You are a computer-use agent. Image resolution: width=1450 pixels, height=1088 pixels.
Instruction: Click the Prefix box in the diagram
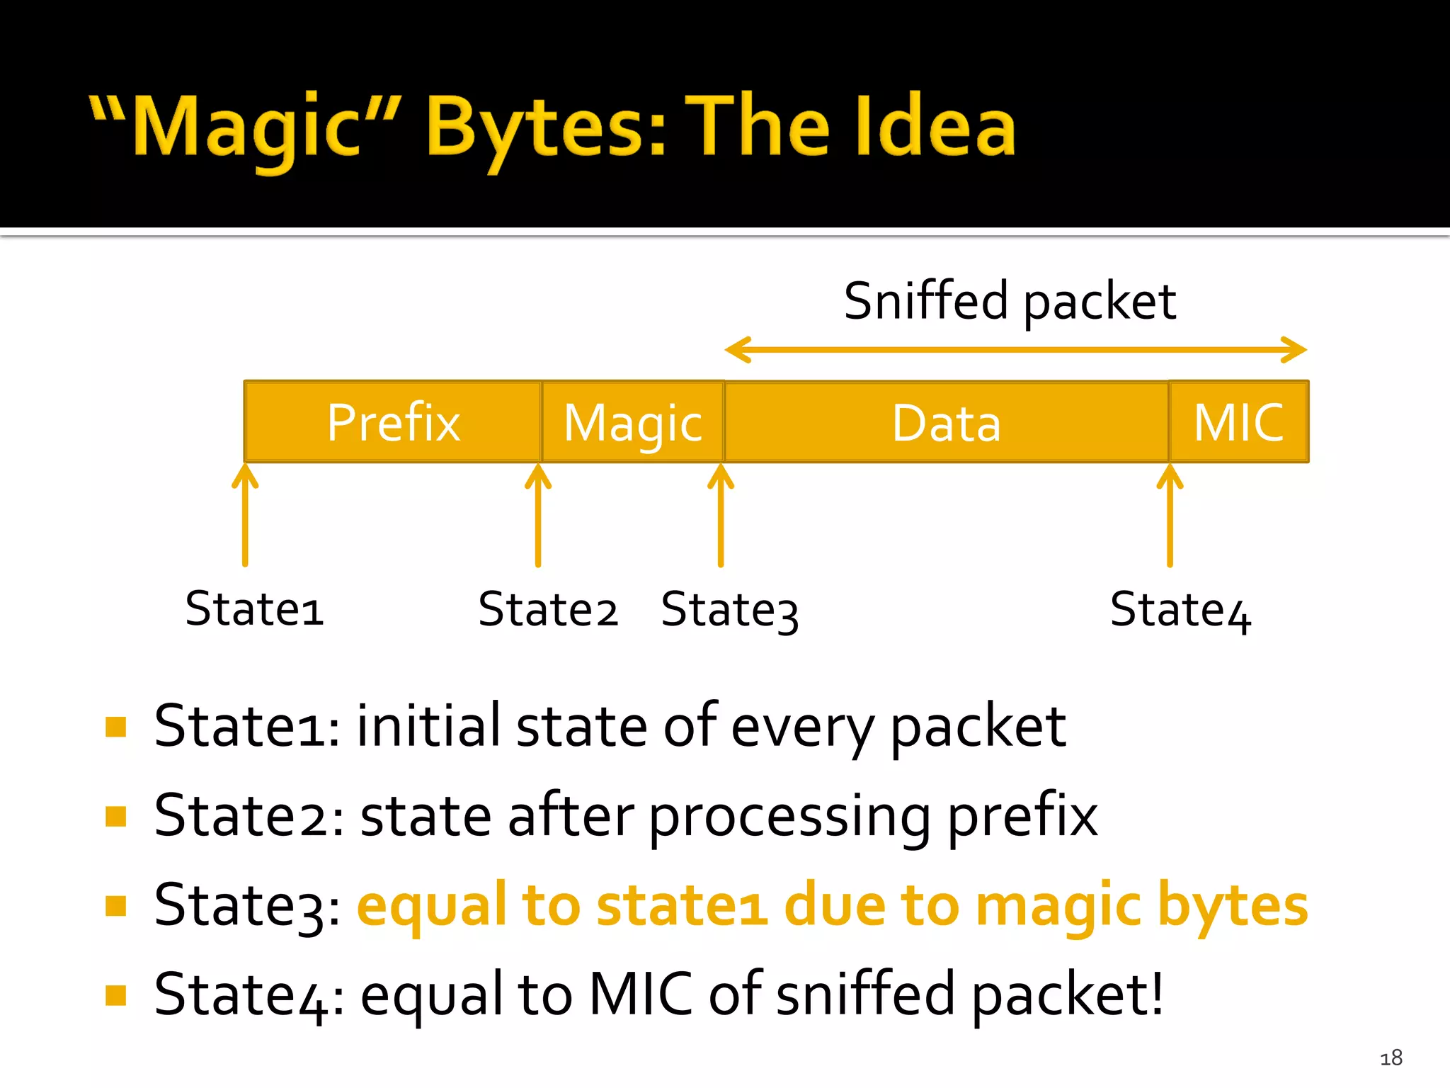pyautogui.click(x=393, y=422)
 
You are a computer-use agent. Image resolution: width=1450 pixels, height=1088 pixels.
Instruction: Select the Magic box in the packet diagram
pyautogui.click(x=633, y=422)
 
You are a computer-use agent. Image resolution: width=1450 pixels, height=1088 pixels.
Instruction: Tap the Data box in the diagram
pyautogui.click(x=946, y=422)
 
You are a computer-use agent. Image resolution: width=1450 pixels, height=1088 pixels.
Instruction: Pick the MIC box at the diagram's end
pyautogui.click(x=1238, y=422)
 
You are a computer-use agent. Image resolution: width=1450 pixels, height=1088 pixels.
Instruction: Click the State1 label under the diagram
pyautogui.click(x=254, y=608)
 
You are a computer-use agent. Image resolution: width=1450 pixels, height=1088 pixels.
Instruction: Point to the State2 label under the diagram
pyautogui.click(x=547, y=609)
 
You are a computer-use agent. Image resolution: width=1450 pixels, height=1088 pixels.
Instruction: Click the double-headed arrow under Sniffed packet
pyautogui.click(x=1016, y=350)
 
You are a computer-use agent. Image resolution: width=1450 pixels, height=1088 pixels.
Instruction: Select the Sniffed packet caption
pyautogui.click(x=1010, y=301)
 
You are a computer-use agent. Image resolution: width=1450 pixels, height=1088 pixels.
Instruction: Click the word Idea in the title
pyautogui.click(x=935, y=127)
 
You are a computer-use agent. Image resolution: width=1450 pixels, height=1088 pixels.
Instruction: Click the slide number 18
pyautogui.click(x=1391, y=1058)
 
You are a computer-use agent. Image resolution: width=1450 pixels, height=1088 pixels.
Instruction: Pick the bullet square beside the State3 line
pyautogui.click(x=115, y=906)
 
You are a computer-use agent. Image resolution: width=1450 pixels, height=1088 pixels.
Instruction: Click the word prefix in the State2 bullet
pyautogui.click(x=1022, y=817)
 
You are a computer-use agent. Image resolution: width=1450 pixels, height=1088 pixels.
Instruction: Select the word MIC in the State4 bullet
pyautogui.click(x=641, y=994)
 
